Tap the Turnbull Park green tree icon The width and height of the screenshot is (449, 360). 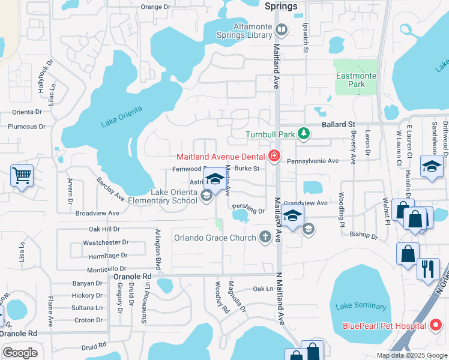pyautogui.click(x=304, y=133)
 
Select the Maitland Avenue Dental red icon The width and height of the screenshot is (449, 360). pyautogui.click(x=274, y=157)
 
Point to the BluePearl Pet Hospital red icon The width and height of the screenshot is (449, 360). pyautogui.click(x=436, y=326)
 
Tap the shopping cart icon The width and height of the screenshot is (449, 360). pyautogui.click(x=22, y=176)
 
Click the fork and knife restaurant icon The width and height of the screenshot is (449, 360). pyautogui.click(x=428, y=269)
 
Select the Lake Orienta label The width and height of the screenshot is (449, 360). pyautogui.click(x=121, y=116)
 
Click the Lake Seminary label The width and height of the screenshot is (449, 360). pyautogui.click(x=361, y=306)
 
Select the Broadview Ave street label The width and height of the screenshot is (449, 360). pyautogui.click(x=97, y=213)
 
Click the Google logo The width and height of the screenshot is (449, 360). pyautogui.click(x=20, y=353)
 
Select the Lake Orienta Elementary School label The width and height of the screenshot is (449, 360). pyautogui.click(x=173, y=196)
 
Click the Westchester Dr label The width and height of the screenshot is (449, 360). pyautogui.click(x=106, y=243)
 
